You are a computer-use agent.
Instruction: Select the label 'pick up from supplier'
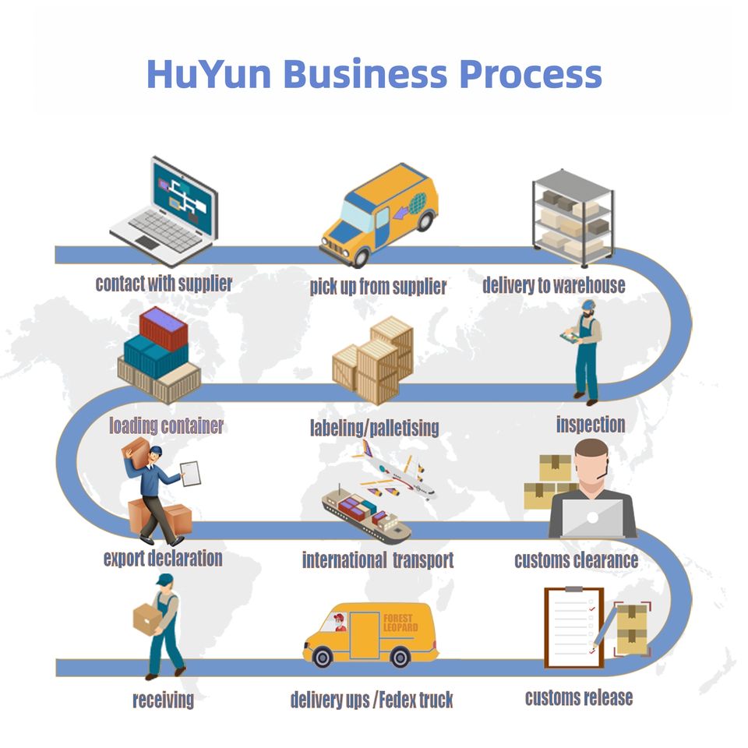coord(378,286)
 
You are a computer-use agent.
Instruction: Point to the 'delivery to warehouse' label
coord(553,285)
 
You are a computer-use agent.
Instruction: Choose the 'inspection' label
coord(590,425)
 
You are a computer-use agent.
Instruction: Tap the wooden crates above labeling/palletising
coord(374,359)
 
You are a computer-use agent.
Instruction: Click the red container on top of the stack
coord(164,328)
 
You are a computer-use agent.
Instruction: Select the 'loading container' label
coord(166,425)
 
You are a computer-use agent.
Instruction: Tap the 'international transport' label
coord(378,559)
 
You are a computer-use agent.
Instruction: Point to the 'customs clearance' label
coord(576,559)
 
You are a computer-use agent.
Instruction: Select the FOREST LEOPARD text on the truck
coord(400,623)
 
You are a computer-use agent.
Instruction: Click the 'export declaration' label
coord(163,558)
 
